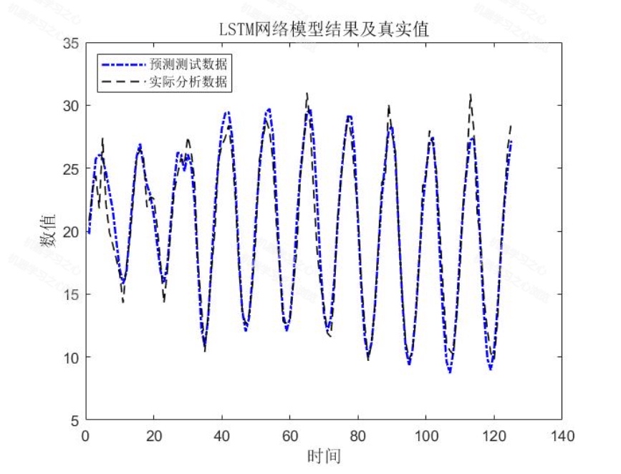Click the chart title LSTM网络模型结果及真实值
click(x=327, y=28)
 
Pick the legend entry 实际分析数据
click(x=188, y=82)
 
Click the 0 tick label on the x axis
click(x=85, y=435)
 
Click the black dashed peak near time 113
click(x=470, y=94)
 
